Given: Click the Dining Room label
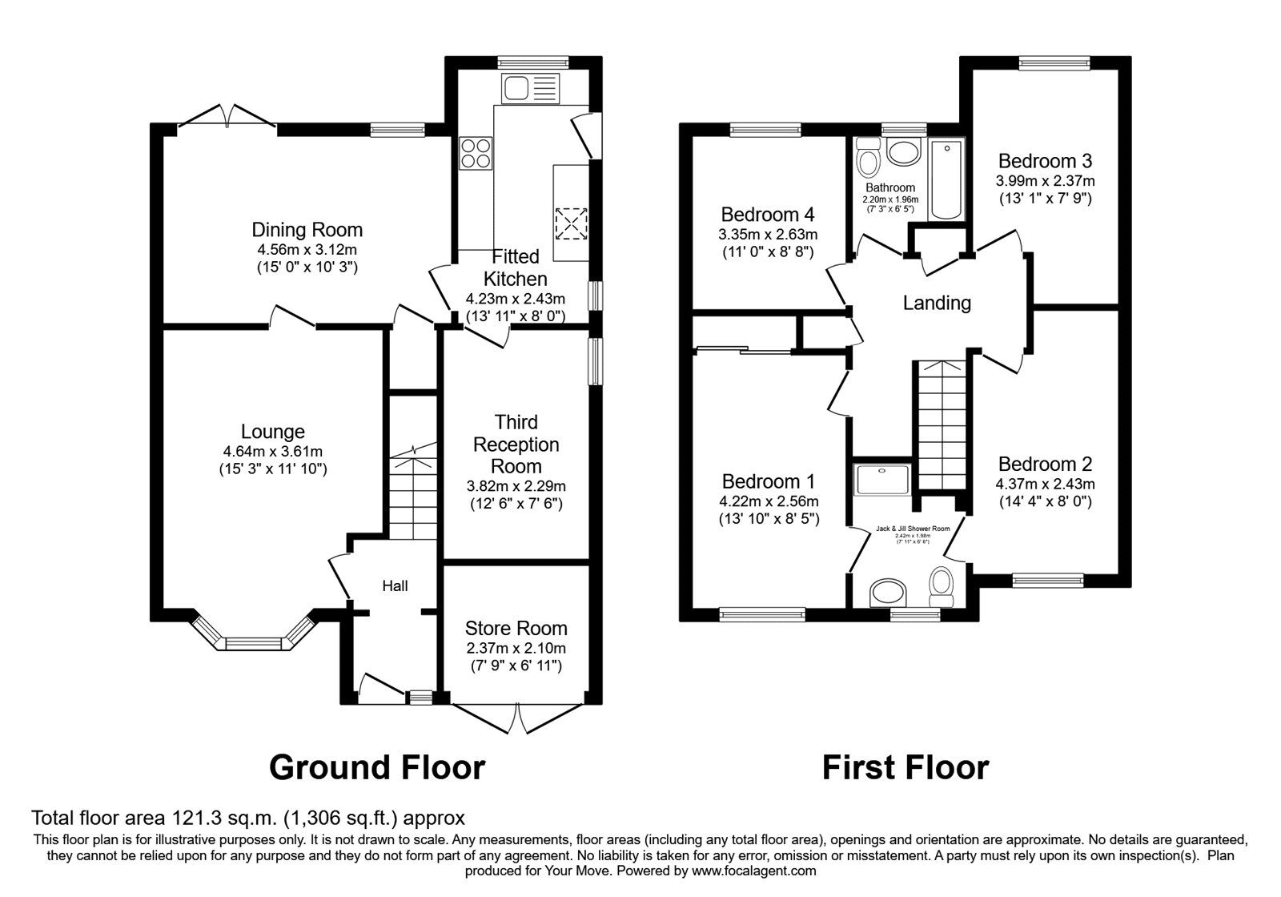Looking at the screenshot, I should click(307, 230).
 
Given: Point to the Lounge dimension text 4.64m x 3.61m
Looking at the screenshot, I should click(273, 452).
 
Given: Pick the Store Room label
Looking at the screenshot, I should click(516, 629).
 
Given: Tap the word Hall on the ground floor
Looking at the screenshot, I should click(395, 586).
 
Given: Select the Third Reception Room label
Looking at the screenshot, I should click(516, 444).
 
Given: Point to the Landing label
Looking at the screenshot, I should click(937, 303).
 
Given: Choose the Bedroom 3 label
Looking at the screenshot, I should click(1045, 161).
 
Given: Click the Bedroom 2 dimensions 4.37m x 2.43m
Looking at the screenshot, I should click(1045, 484).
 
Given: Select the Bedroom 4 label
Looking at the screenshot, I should click(767, 215).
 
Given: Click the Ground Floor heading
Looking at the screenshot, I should click(377, 767).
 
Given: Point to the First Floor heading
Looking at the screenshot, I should click(905, 767).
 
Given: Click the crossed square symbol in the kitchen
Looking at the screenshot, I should click(571, 223).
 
